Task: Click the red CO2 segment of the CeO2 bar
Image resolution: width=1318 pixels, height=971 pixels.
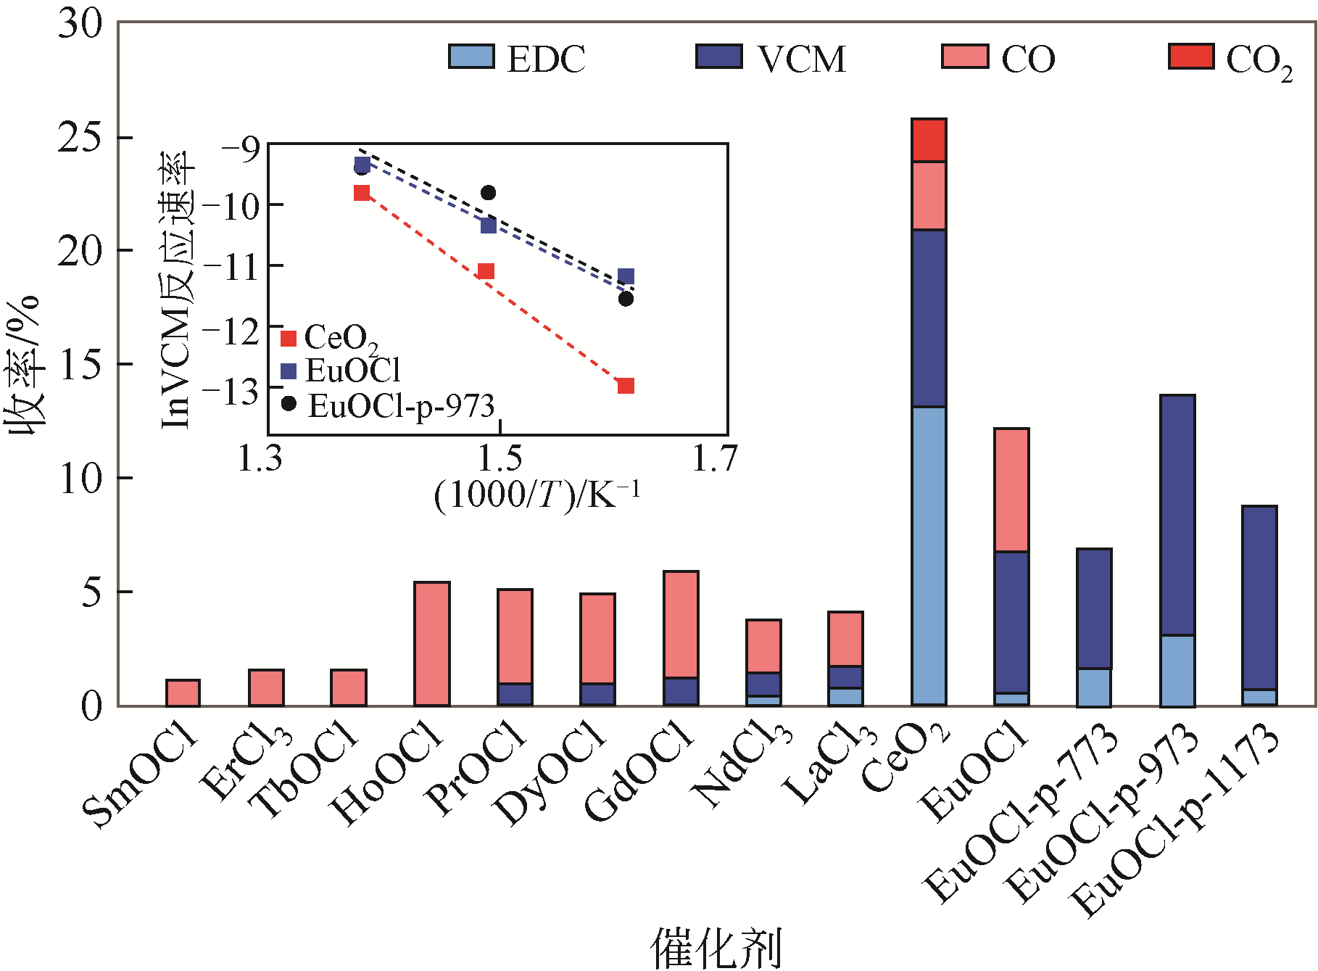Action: coord(929,140)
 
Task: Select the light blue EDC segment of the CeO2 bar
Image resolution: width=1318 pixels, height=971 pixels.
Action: coord(929,555)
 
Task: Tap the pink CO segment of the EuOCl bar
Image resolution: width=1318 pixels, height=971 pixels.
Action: coord(1011,490)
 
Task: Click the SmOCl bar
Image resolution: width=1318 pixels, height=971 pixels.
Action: coord(183,693)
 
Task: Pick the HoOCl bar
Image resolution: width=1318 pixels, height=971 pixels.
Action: coord(431,644)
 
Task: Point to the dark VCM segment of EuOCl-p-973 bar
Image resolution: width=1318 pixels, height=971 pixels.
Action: coord(1177,515)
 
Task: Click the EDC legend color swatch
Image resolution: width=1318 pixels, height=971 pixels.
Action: coord(471,57)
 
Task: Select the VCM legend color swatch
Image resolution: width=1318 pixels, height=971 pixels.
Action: coord(718,57)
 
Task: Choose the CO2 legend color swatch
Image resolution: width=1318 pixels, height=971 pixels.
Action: coord(1191,57)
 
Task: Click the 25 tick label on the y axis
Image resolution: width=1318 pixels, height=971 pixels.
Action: coord(80,137)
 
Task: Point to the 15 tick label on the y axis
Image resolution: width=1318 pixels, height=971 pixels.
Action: coord(80,365)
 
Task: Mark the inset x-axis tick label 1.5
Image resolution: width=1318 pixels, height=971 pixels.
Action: coord(500,458)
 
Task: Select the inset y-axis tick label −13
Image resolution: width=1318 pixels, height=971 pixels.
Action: coord(231,392)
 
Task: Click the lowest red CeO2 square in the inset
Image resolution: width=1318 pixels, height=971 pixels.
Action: coord(626,386)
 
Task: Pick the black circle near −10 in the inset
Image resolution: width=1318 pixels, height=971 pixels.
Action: coord(488,193)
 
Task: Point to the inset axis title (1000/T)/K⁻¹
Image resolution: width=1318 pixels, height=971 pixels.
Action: coord(537,495)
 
